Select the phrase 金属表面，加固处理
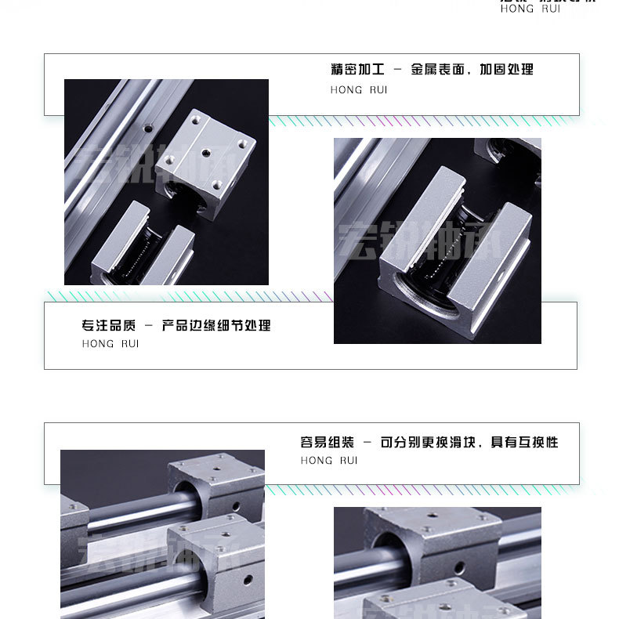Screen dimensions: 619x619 coord(472,70)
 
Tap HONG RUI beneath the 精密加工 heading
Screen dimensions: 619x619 coord(359,90)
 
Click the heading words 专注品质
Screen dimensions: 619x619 coord(108,325)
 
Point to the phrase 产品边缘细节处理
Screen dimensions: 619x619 coord(216,325)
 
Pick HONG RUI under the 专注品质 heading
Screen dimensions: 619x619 coord(110,344)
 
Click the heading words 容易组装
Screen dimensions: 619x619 coord(327,442)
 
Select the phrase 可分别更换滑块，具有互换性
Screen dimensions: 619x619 coord(469,442)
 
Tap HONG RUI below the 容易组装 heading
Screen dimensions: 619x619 coord(329,461)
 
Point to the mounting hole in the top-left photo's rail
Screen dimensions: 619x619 coord(146,125)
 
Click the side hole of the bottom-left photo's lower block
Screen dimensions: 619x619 coord(248,581)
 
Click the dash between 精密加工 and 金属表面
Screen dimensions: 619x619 coord(397,70)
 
